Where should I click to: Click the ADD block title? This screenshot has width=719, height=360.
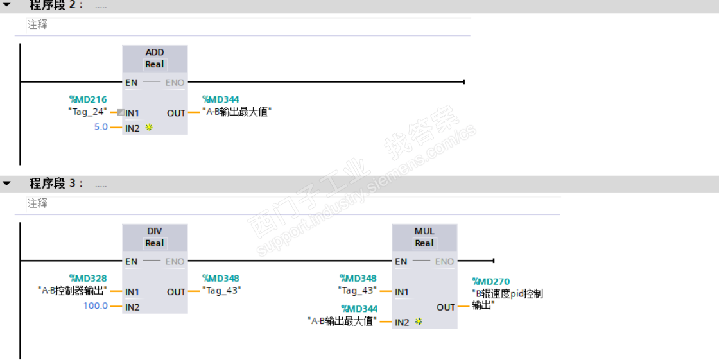pos(155,52)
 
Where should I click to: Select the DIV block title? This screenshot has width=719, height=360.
pos(155,231)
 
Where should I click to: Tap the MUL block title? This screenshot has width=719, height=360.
pos(424,231)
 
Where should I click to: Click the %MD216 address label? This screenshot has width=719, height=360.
pos(88,99)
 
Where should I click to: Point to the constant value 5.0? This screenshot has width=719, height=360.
pos(101,127)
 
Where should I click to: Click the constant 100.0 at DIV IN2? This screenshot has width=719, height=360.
pos(96,306)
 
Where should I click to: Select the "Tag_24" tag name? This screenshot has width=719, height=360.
pos(88,112)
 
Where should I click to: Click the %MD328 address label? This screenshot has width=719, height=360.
pos(88,279)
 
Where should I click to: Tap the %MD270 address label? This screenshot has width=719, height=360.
pos(491,281)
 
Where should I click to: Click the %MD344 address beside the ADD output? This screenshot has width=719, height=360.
pos(221,99)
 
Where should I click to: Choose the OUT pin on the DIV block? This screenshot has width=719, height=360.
pos(176,292)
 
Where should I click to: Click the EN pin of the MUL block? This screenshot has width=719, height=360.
pos(401,261)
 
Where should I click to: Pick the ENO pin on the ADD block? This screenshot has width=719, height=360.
pos(175,82)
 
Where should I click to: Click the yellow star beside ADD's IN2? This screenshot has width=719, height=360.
pos(149,128)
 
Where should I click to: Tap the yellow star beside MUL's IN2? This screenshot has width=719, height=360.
pos(419,321)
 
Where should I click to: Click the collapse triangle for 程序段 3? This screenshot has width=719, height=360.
pos(7,184)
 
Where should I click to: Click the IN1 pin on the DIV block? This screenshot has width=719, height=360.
pos(132,292)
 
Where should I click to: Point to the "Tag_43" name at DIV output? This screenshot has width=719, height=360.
pos(221,291)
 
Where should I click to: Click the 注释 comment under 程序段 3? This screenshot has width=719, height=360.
pos(37,203)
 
